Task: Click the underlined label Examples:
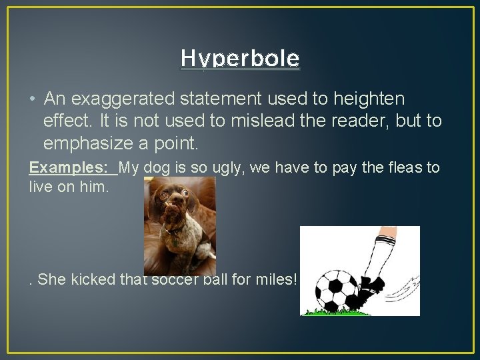coord(71,167)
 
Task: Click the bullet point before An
coord(32,100)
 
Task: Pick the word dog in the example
coord(155,167)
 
